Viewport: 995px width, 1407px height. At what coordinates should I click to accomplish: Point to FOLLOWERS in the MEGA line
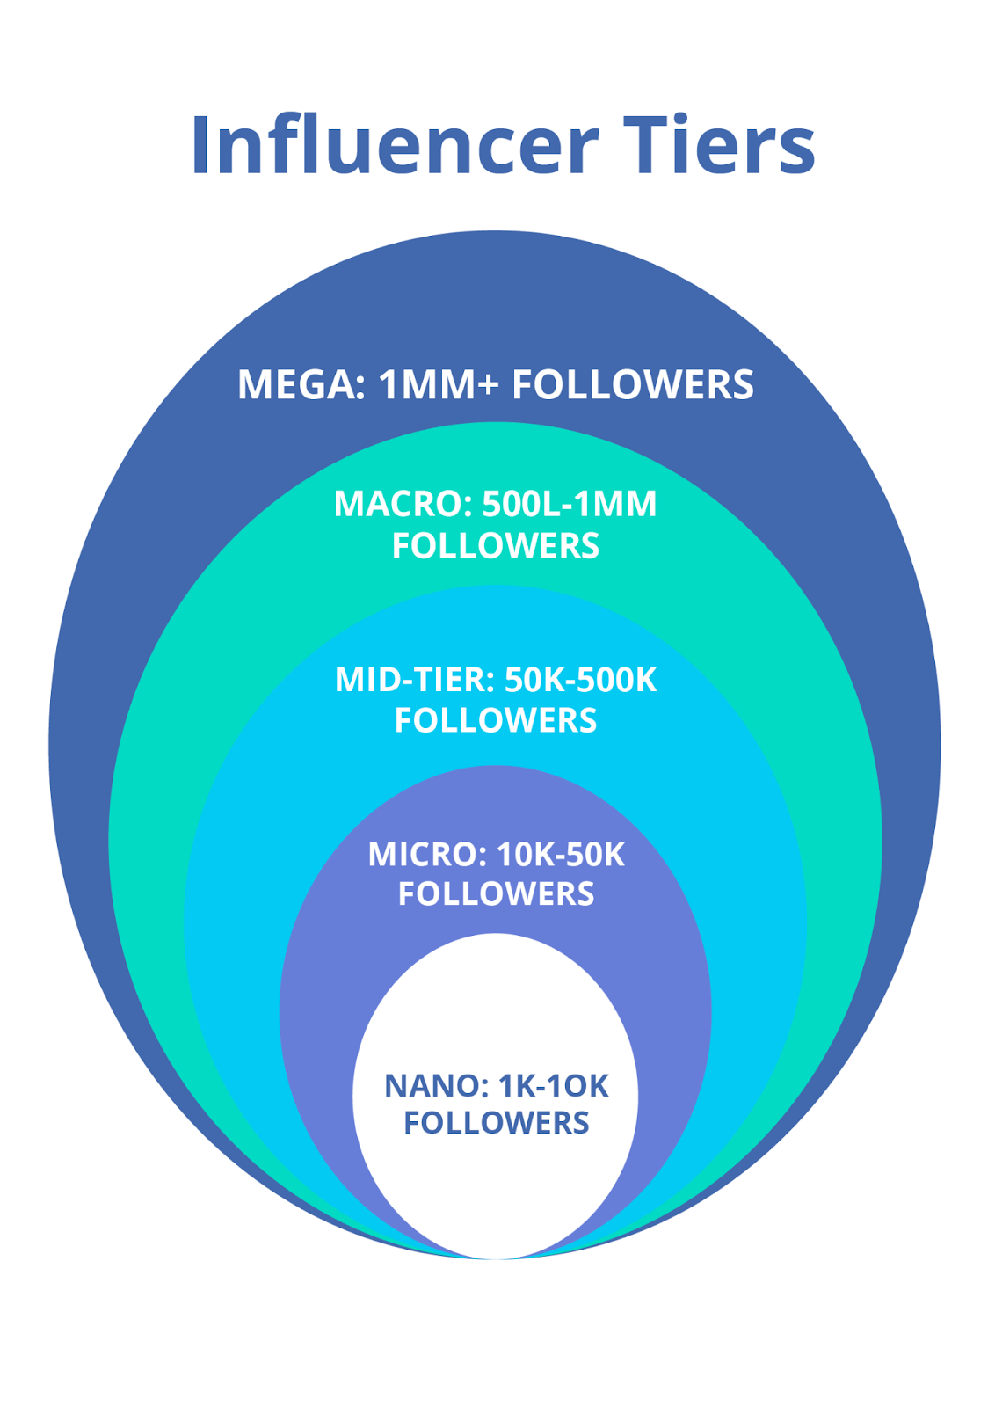(633, 385)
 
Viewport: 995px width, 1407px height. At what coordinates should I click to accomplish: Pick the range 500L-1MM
(570, 504)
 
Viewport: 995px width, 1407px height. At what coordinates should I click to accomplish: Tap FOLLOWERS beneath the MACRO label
(496, 546)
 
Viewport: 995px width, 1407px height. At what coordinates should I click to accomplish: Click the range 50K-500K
(581, 680)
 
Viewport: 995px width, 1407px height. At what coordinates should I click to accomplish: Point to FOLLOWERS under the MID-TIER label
(496, 720)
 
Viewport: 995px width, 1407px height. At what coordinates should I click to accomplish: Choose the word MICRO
(425, 855)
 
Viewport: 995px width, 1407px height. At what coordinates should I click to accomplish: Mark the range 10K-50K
(561, 855)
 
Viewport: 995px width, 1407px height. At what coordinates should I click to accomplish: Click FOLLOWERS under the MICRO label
(497, 894)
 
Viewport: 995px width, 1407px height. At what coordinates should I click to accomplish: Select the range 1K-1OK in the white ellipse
(554, 1086)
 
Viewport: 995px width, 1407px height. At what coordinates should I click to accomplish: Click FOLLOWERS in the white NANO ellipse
(497, 1123)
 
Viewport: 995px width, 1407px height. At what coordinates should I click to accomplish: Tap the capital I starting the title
(199, 146)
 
